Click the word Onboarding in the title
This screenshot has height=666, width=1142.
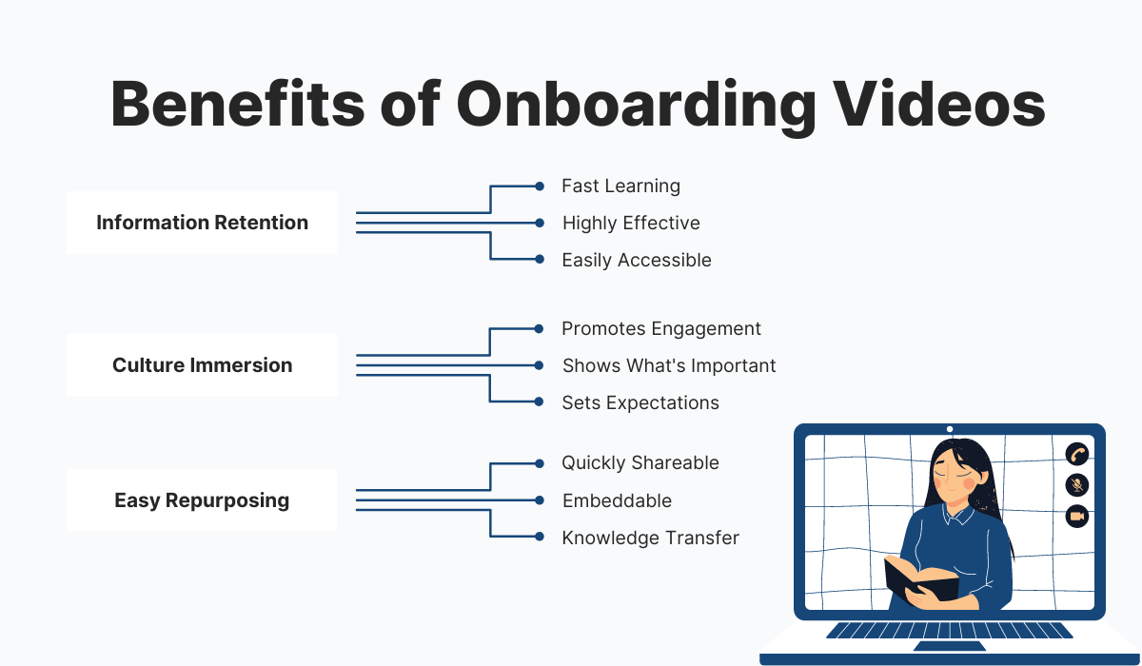635,106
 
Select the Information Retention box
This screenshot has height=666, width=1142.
202,223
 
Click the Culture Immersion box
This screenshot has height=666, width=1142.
202,365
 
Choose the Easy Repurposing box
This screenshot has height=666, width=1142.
202,500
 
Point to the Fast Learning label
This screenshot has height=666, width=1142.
620,186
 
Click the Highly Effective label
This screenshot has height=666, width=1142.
631,223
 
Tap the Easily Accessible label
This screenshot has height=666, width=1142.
637,260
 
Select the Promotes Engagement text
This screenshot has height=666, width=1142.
661,328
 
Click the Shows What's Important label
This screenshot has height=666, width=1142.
669,365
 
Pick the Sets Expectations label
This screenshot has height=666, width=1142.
640,402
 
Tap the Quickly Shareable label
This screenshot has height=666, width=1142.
640,463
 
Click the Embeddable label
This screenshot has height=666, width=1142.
617,500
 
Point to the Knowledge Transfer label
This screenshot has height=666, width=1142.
651,538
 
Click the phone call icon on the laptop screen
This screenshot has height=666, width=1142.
1076,454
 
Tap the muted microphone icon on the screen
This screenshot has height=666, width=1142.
1076,485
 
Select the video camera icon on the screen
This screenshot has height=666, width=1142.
1076,517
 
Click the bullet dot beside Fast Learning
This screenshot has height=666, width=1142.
540,186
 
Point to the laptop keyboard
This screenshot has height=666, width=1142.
950,630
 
